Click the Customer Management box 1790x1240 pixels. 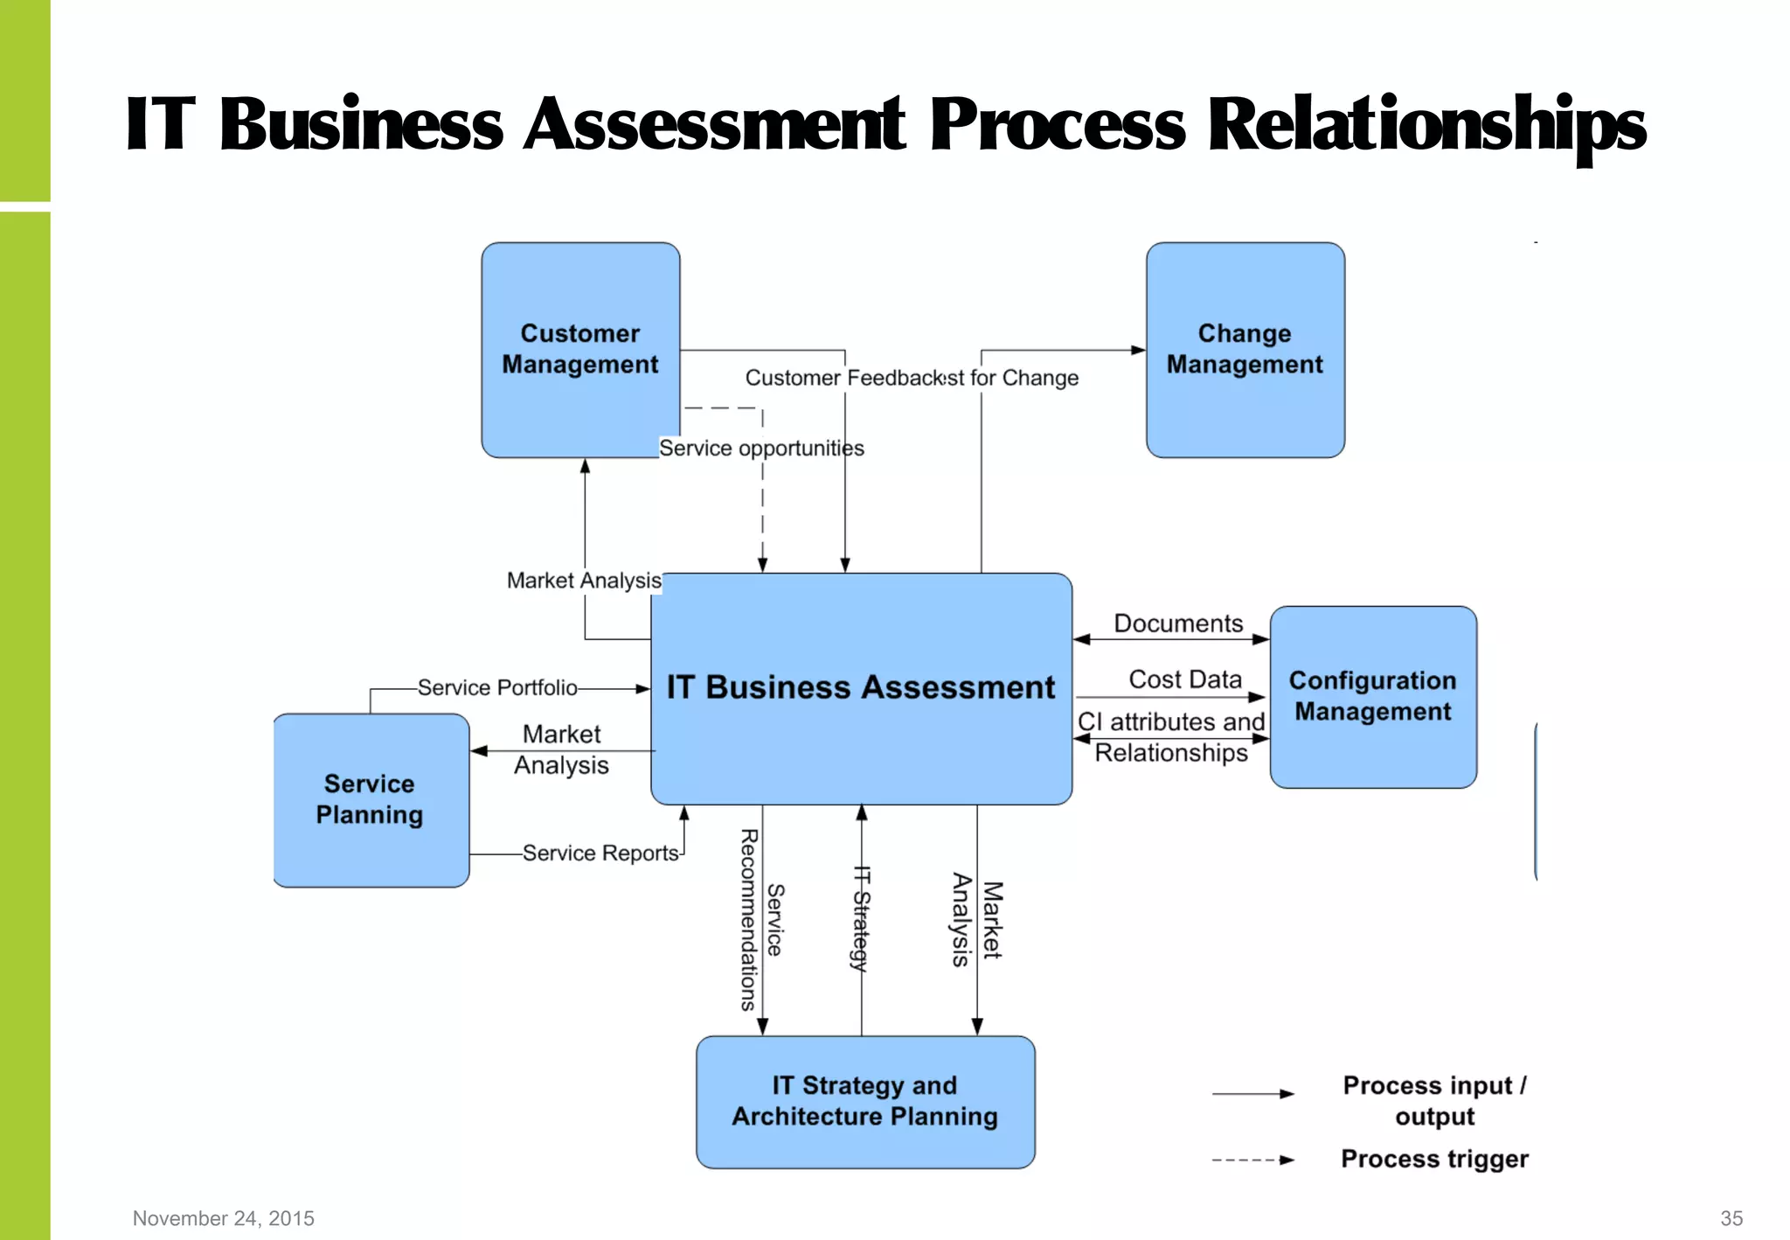coord(579,349)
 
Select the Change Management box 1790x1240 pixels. coord(1245,349)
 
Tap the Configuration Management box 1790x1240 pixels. coord(1372,696)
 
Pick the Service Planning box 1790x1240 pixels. coord(370,799)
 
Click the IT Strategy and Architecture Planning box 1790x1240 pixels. coord(864,1101)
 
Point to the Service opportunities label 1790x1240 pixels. coord(760,448)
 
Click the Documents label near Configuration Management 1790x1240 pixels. coord(1177,623)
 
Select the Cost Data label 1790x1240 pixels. coord(1184,679)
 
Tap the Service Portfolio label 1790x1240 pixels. coord(496,687)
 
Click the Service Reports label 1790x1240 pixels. coord(600,853)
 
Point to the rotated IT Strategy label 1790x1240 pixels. coord(862,917)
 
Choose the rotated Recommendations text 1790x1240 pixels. coord(749,920)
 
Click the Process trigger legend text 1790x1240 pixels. coord(1434,1159)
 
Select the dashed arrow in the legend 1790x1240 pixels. coord(1252,1160)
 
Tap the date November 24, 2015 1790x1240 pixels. coord(224,1218)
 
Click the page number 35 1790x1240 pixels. coord(1731,1218)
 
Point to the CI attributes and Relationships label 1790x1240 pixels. coord(1171,737)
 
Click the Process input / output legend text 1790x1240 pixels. coord(1434,1101)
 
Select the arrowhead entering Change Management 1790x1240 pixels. coord(1138,350)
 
